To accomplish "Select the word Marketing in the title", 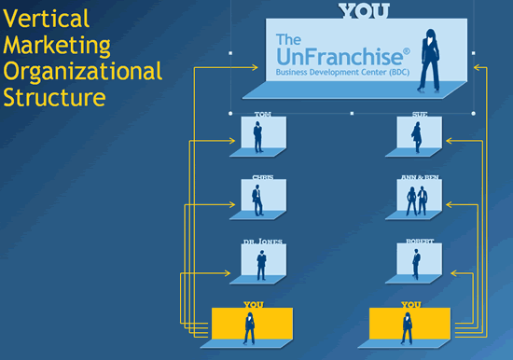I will [x=57, y=45].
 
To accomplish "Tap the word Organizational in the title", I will [x=82, y=71].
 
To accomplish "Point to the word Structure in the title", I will [x=53, y=97].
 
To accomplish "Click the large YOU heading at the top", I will [x=364, y=11].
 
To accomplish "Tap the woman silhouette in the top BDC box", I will [x=433, y=58].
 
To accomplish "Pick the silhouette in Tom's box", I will [x=260, y=136].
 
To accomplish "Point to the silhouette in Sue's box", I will [x=417, y=136].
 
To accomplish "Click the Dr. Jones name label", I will [x=263, y=242].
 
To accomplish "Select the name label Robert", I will [x=420, y=242].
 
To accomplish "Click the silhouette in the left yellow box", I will [x=250, y=327].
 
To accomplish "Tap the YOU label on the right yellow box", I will [x=410, y=305].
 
